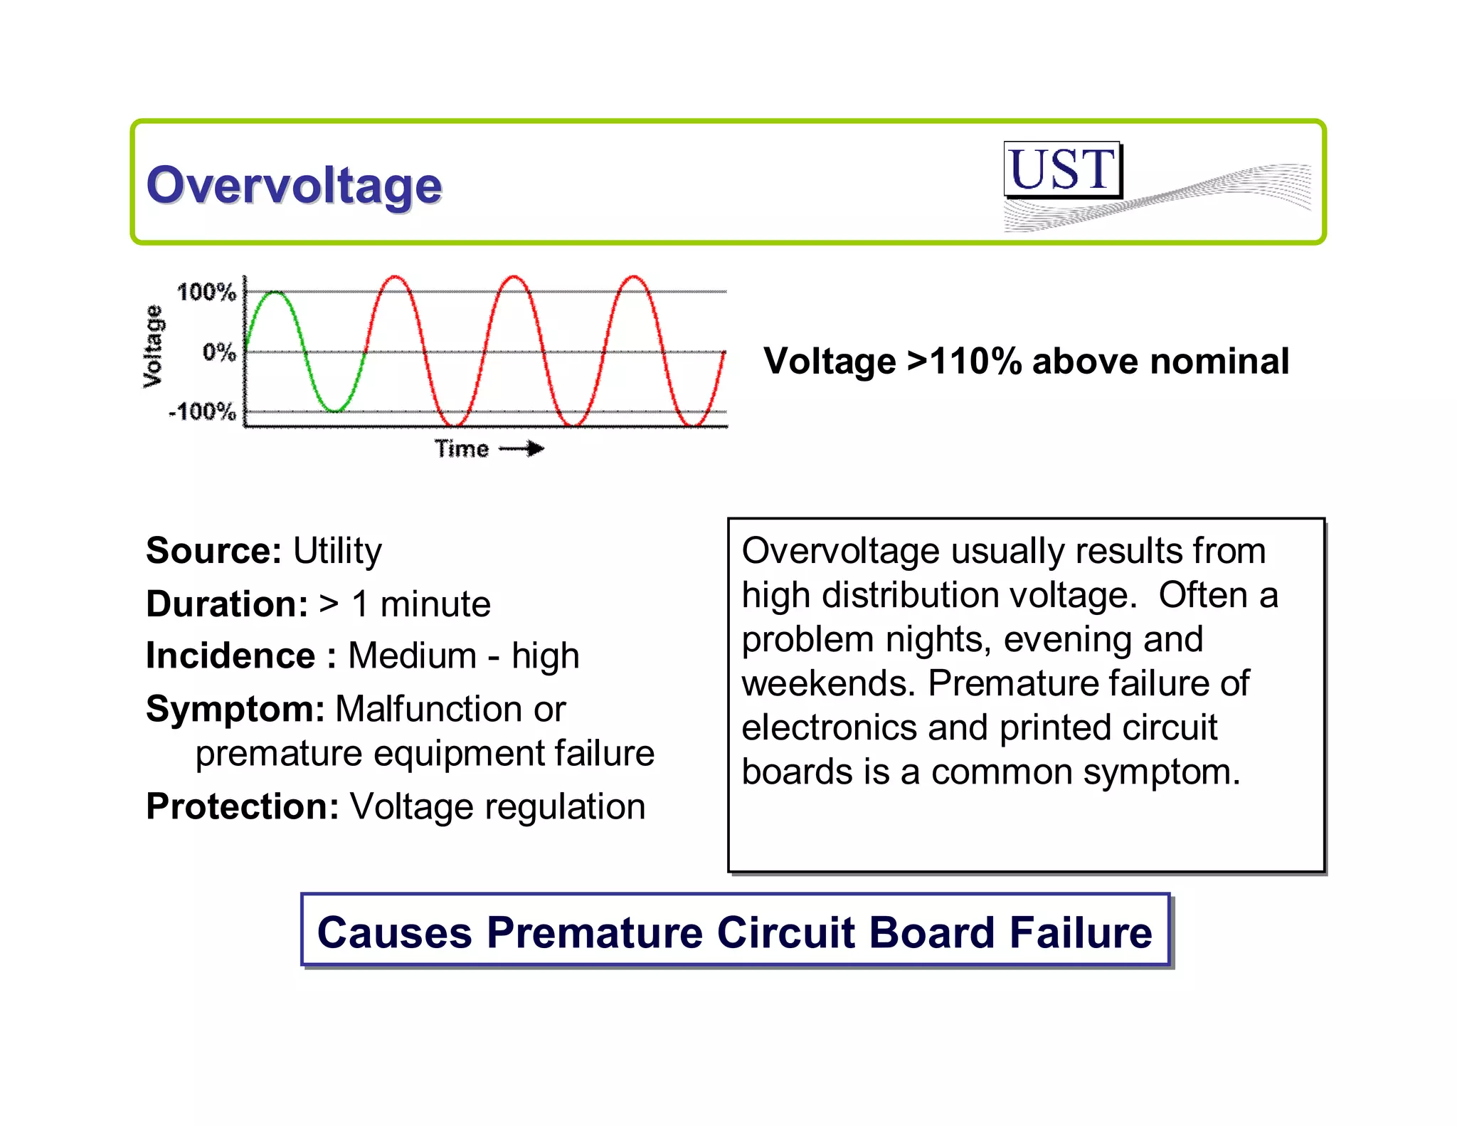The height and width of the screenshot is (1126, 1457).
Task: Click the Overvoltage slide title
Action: pos(294,186)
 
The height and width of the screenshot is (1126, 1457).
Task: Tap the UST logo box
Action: pos(1062,170)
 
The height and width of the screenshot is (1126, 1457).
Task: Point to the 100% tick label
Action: pos(206,292)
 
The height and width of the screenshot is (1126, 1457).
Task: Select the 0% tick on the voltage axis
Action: pos(218,352)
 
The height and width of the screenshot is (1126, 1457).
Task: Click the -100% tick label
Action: pos(202,411)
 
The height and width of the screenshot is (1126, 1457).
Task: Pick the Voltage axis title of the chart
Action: pos(153,347)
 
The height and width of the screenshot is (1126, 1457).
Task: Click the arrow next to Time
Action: pos(522,448)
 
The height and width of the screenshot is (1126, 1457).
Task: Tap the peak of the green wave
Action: pos(275,292)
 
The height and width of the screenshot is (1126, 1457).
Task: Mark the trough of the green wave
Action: pos(334,411)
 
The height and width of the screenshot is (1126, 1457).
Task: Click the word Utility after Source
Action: pos(337,551)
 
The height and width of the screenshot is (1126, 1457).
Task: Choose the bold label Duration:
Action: pos(227,604)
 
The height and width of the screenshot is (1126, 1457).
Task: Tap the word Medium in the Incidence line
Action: pos(413,656)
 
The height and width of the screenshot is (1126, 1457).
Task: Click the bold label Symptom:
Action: pos(235,709)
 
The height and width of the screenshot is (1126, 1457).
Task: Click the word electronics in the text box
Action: pos(829,727)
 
